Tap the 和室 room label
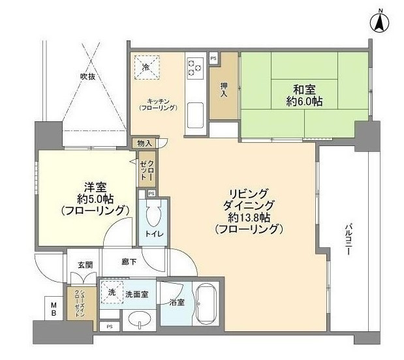(x=304, y=89)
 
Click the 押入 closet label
(x=224, y=89)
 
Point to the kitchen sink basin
(x=195, y=115)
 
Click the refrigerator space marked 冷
(x=147, y=67)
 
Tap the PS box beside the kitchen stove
(x=213, y=58)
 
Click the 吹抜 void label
(x=87, y=76)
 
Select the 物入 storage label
(x=144, y=143)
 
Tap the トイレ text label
(x=154, y=234)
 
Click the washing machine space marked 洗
(x=112, y=292)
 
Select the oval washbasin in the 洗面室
(x=140, y=320)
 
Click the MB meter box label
(x=54, y=309)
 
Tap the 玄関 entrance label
(x=85, y=265)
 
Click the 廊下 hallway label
(x=129, y=262)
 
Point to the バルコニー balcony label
(x=348, y=240)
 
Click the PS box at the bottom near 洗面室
(x=110, y=327)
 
